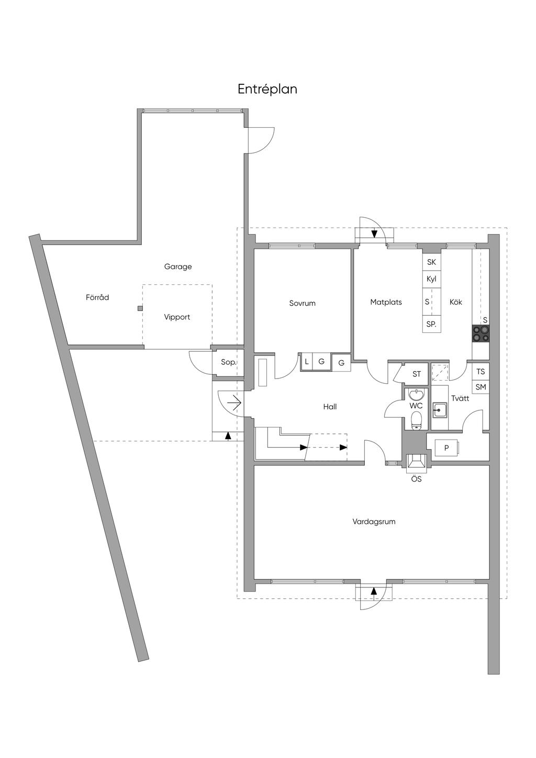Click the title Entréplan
[267, 90]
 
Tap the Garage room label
[178, 266]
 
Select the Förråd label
[97, 297]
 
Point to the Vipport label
[177, 317]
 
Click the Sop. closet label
[228, 362]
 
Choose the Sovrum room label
[303, 303]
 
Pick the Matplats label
[386, 302]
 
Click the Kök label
[456, 302]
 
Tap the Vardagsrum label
[374, 521]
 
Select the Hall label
[330, 407]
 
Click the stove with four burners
[481, 333]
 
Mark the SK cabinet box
[431, 262]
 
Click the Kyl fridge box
[431, 279]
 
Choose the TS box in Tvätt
[481, 372]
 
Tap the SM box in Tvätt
[481, 387]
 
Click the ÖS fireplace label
[416, 478]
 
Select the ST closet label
[417, 374]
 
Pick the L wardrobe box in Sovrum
[307, 362]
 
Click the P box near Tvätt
[446, 448]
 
